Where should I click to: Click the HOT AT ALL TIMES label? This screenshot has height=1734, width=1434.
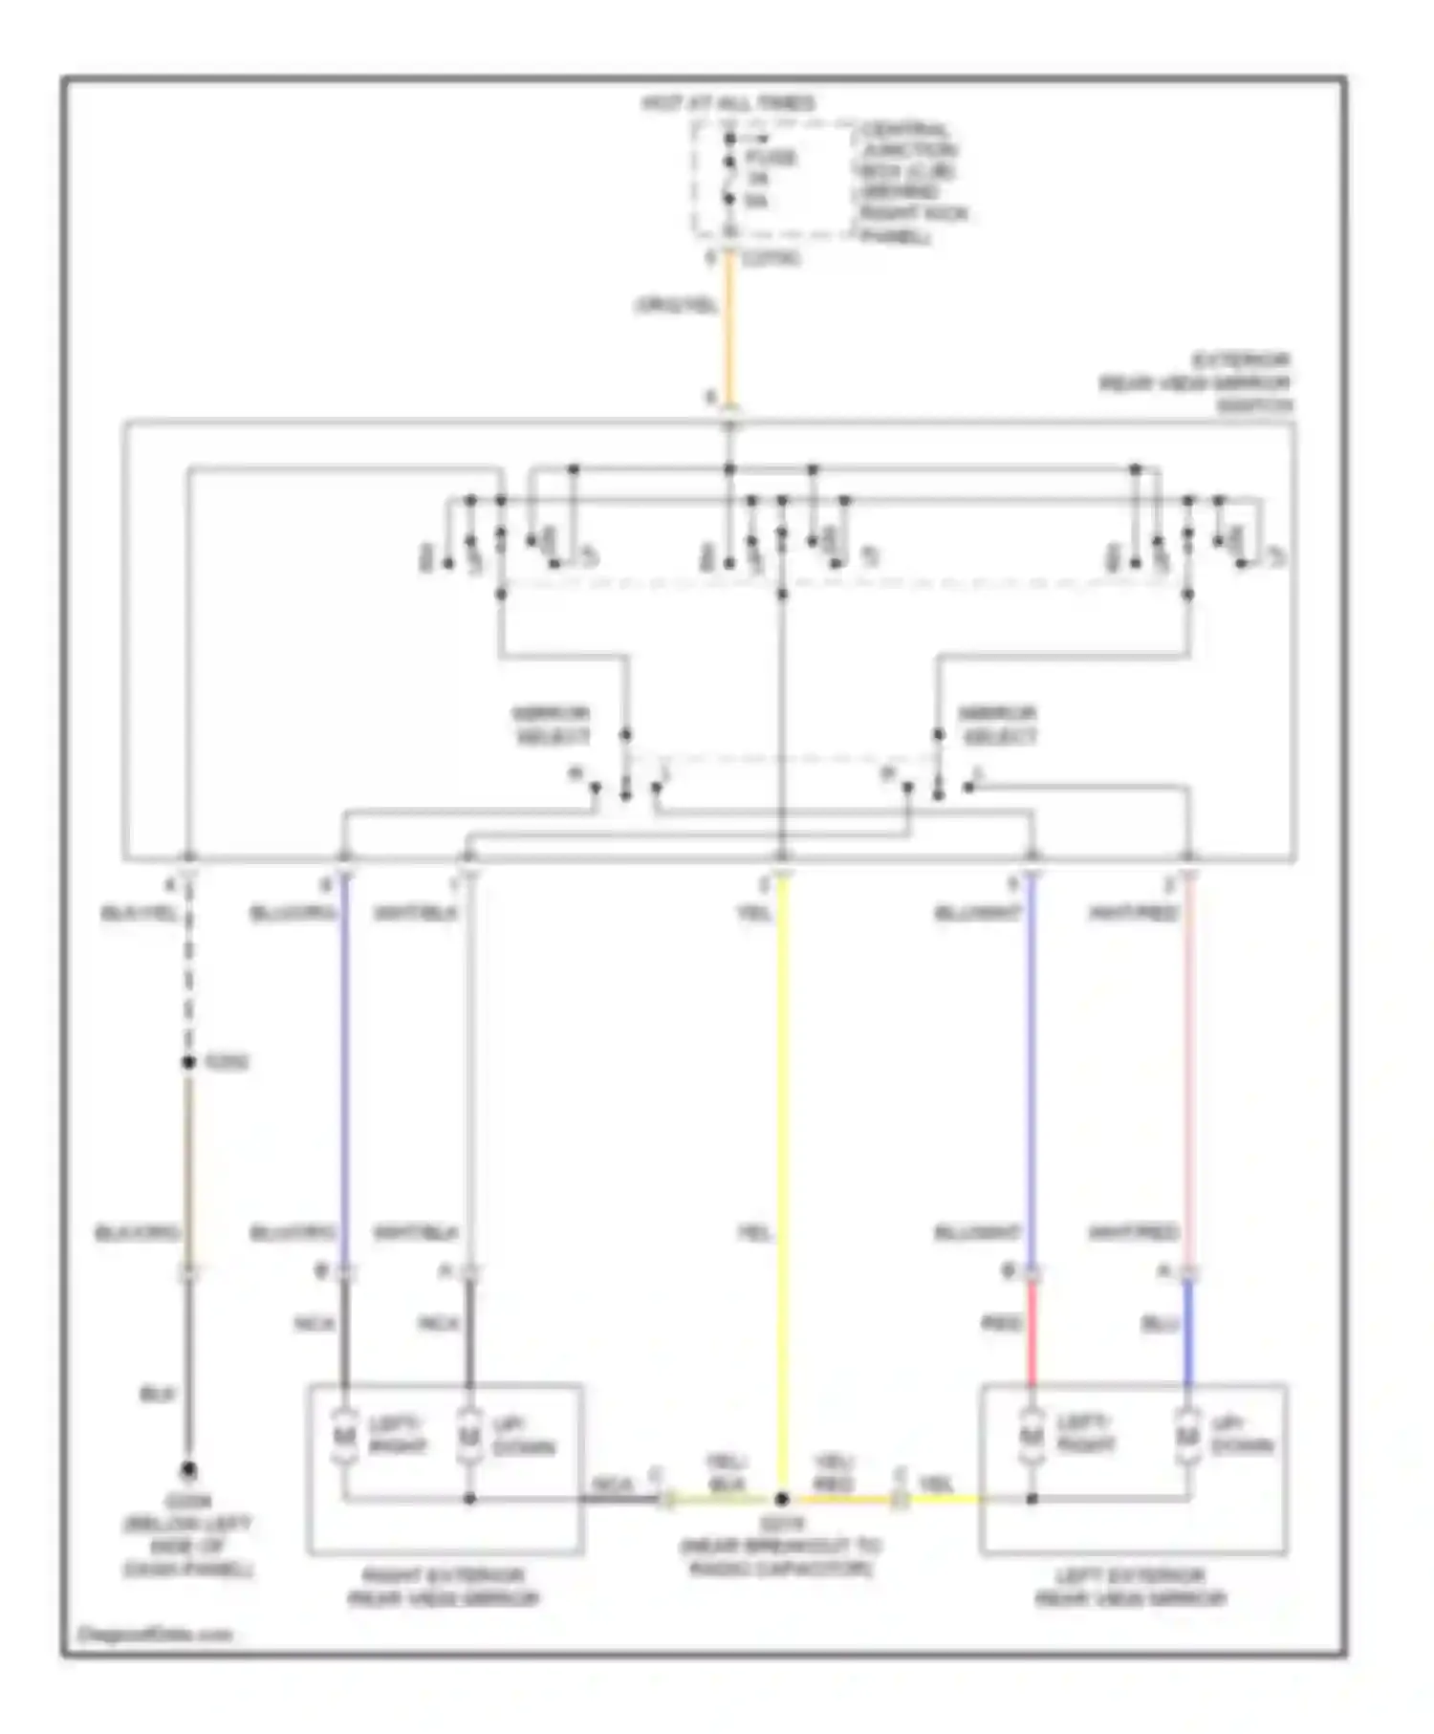click(728, 103)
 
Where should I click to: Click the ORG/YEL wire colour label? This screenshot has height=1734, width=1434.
click(676, 306)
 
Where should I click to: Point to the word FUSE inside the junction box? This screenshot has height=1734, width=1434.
click(771, 158)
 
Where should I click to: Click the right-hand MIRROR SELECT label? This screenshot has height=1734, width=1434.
click(997, 725)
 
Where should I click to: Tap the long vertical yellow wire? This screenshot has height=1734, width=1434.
click(782, 1147)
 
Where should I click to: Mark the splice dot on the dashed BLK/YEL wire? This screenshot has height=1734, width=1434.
click(188, 1062)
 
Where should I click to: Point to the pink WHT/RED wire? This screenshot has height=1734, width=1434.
click(1188, 1071)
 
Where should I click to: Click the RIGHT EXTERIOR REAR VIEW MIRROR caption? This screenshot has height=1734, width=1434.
click(444, 1587)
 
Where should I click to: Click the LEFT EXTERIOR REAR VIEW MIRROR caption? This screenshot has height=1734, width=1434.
click(1131, 1587)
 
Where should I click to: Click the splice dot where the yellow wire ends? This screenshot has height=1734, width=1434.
click(782, 1499)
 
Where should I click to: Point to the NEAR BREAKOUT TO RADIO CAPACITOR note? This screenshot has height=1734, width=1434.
click(781, 1547)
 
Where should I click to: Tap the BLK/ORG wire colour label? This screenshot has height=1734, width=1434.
click(138, 1233)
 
